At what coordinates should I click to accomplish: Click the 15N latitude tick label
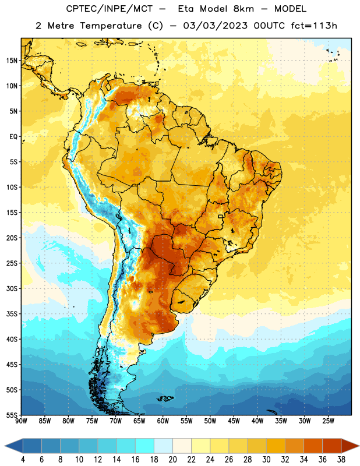12,61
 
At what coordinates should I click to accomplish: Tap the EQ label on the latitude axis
13,137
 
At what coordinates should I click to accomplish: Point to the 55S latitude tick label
12,415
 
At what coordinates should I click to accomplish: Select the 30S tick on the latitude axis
12,288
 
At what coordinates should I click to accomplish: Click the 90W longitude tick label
21,421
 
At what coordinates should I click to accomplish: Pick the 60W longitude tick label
163,421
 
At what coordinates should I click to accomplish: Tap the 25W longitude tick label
328,421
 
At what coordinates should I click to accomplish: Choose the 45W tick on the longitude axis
234,421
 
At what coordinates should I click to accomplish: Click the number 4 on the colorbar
23,460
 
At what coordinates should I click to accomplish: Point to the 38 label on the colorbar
341,460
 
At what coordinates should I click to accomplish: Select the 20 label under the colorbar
172,460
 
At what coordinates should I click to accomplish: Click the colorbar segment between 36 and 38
332,446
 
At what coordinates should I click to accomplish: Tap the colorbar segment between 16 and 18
145,446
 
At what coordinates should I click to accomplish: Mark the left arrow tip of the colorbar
5,446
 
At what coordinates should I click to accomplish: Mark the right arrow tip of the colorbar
359,446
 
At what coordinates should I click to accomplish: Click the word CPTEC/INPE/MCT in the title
110,9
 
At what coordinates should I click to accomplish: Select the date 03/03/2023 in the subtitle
215,26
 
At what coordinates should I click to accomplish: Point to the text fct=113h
314,26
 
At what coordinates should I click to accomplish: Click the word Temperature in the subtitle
111,26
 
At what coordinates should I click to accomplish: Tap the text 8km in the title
243,9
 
